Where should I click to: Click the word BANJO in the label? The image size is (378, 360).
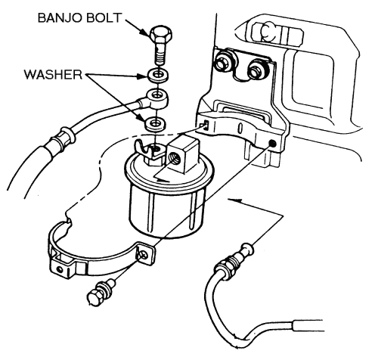tap(60, 18)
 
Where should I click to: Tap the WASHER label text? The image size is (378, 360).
tap(53, 75)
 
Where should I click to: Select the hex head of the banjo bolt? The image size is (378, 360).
tap(161, 35)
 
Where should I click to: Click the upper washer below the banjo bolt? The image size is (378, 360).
tap(158, 75)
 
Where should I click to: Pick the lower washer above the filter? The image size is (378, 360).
tap(155, 124)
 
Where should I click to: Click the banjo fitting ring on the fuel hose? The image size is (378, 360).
tap(157, 98)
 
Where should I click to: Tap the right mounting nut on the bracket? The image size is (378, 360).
tap(258, 70)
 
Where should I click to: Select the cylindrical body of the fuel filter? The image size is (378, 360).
tap(167, 209)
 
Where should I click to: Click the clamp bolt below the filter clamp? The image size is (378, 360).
tap(101, 291)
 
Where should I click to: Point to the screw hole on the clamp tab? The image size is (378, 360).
tap(144, 255)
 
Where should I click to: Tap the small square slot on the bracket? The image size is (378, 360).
tap(206, 125)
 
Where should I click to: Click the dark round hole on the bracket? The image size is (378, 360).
tap(272, 144)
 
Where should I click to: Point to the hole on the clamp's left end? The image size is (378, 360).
tap(60, 269)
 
